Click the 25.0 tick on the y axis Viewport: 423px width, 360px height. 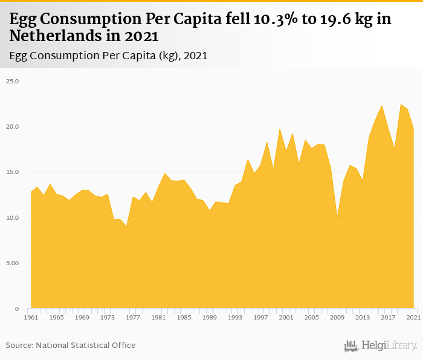coord(13,80)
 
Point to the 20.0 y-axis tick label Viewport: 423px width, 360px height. coord(13,126)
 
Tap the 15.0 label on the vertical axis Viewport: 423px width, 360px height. coord(13,172)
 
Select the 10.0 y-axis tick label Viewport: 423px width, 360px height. coord(13,217)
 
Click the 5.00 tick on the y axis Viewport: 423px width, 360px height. coord(13,263)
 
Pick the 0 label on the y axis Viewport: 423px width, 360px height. coord(16,309)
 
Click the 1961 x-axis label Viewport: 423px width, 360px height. coord(31,317)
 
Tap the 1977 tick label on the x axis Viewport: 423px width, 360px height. coord(132,317)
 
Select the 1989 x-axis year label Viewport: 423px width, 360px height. coord(209,317)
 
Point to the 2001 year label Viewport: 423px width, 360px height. coord(286,317)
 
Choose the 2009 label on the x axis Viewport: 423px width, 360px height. coord(337,317)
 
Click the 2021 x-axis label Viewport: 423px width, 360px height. coord(413,317)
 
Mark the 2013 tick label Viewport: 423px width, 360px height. coord(363,317)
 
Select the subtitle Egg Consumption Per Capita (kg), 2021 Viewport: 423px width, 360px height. coord(109,56)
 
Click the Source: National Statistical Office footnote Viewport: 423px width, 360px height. coord(71,345)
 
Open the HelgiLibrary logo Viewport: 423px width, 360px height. coord(381,346)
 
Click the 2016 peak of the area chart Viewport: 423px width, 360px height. coord(382,106)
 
